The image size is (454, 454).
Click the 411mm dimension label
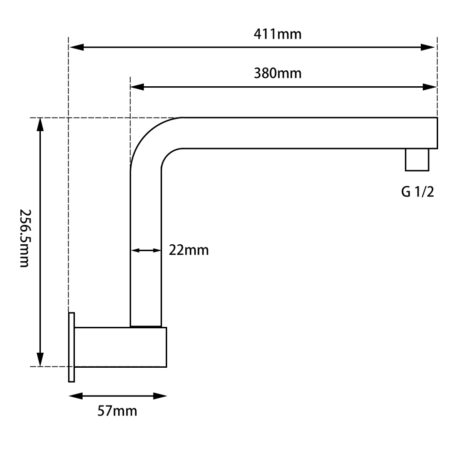(277, 34)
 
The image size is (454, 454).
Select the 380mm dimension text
(277, 73)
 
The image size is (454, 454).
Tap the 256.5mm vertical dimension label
(25, 238)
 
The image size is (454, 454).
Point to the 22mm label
(189, 250)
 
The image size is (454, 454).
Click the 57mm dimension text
(117, 411)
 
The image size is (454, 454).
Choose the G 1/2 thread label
(417, 192)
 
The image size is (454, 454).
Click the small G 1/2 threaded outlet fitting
(417, 160)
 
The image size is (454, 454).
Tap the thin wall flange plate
(71, 347)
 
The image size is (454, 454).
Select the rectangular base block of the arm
(120, 347)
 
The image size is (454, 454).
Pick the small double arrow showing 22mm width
(146, 250)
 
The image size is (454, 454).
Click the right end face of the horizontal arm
(437, 133)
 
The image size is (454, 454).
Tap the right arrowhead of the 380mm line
(429, 87)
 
